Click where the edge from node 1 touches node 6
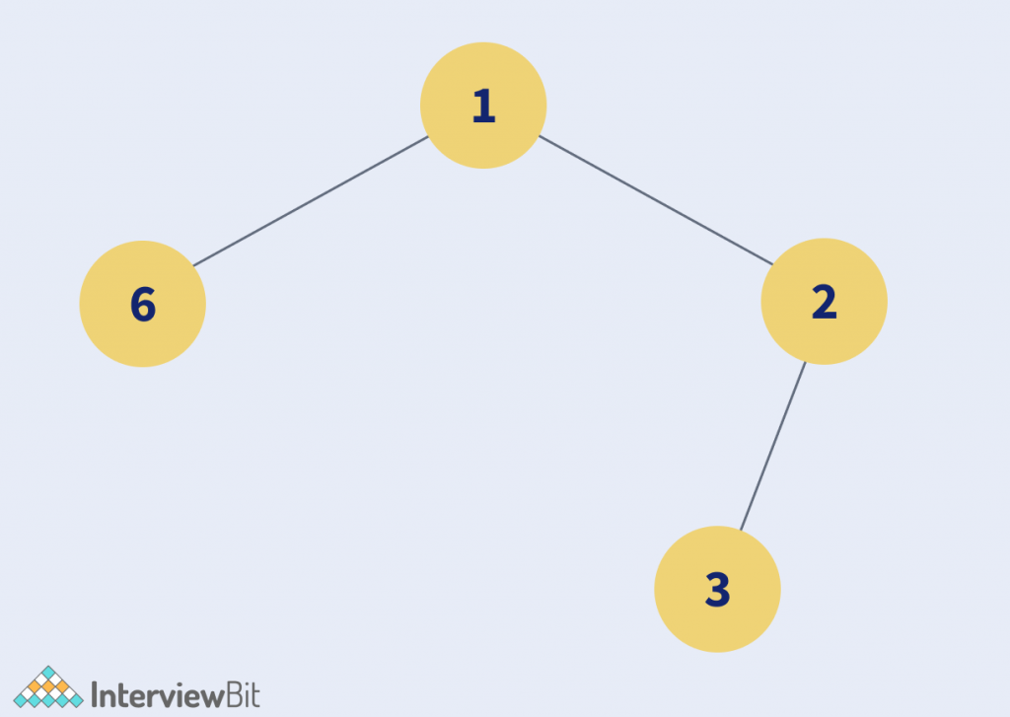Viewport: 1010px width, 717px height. point(194,265)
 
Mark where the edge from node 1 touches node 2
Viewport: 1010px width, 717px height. point(772,264)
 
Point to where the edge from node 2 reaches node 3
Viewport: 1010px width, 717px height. point(741,531)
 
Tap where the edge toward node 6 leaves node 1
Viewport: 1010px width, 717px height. point(428,136)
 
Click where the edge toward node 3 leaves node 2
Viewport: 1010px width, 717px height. point(805,362)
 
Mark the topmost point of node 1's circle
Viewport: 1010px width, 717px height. point(483,42)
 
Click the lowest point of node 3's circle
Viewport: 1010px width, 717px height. point(718,652)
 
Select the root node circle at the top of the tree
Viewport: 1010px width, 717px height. point(483,106)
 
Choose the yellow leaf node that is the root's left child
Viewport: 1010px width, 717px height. point(142,304)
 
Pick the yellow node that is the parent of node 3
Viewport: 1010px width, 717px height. point(824,302)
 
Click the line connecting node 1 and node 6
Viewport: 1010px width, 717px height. point(311,201)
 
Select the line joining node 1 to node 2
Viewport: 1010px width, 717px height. point(656,200)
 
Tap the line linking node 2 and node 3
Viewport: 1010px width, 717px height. point(773,446)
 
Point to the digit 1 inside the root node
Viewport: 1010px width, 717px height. point(483,106)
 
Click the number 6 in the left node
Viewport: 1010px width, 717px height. point(143,304)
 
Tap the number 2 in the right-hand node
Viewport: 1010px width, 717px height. point(825,302)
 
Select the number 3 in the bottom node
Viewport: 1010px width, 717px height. point(718,590)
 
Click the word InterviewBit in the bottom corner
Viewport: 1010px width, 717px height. point(176,695)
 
